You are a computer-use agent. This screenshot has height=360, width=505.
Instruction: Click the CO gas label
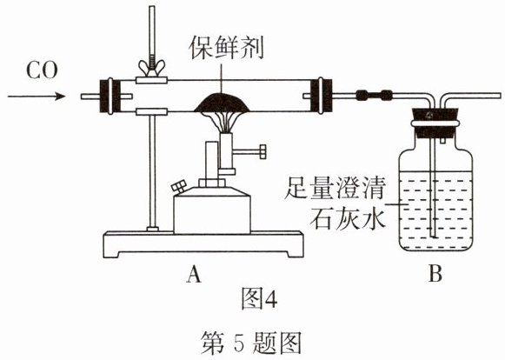(x=42, y=71)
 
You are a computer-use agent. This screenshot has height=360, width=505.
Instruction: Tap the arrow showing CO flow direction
(x=37, y=96)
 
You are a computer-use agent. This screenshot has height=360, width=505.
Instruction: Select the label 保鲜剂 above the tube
(x=226, y=48)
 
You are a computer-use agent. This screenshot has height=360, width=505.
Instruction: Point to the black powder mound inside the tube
(x=223, y=103)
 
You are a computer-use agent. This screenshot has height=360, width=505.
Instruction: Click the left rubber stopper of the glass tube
(x=110, y=96)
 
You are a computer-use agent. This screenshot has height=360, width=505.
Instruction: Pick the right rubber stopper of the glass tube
(x=321, y=96)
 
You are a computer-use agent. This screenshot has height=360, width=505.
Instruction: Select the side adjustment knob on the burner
(x=252, y=151)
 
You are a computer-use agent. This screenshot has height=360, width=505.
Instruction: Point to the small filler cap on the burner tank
(x=179, y=187)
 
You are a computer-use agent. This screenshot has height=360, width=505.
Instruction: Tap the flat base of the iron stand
(x=203, y=244)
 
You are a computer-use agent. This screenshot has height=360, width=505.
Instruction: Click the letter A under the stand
(x=194, y=275)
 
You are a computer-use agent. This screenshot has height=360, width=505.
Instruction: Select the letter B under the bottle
(x=435, y=275)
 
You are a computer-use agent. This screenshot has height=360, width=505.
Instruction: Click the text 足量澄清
(x=335, y=188)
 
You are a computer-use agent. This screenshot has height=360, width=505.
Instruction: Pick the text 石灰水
(x=347, y=218)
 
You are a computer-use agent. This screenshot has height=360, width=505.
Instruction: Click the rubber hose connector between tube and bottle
(x=375, y=96)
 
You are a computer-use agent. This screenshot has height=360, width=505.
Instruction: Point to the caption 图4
(x=259, y=298)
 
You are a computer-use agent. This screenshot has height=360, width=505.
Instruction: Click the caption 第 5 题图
(x=250, y=343)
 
